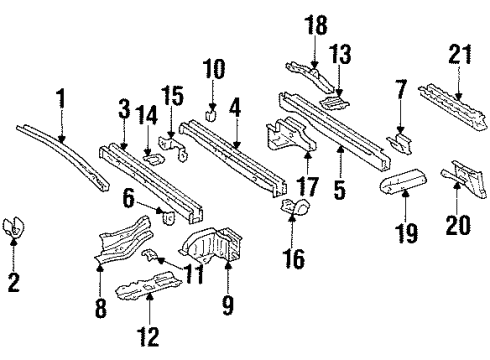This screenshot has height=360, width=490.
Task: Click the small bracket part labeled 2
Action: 15,227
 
